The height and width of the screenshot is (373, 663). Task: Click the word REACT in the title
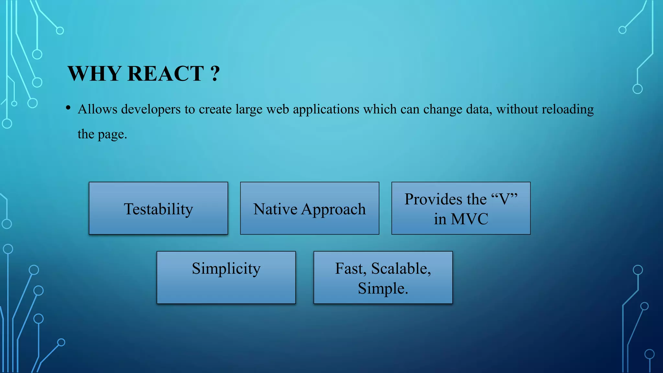pos(165,73)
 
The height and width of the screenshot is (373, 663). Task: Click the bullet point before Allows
pos(68,108)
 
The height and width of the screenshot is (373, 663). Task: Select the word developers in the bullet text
pos(151,109)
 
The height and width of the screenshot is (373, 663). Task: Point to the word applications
pos(326,109)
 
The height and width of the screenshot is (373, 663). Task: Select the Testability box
pos(158,209)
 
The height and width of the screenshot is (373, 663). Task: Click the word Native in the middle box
pos(275,209)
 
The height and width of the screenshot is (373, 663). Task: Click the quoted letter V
pos(504,199)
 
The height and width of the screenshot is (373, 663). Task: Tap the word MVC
pos(469,219)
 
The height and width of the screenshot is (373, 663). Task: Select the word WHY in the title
pos(94,73)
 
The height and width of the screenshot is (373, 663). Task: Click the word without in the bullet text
pos(517,109)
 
